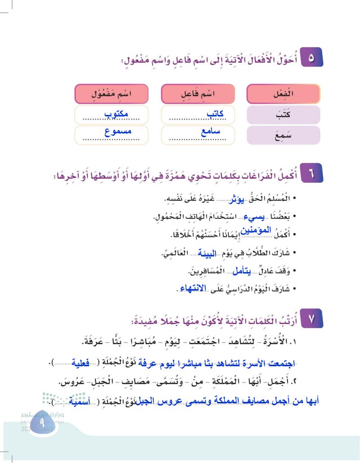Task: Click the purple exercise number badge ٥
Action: [311, 58]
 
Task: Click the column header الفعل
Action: [283, 94]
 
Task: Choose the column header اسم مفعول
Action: [111, 94]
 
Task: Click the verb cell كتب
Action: [283, 115]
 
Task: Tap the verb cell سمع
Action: [283, 135]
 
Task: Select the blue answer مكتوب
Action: [117, 114]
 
